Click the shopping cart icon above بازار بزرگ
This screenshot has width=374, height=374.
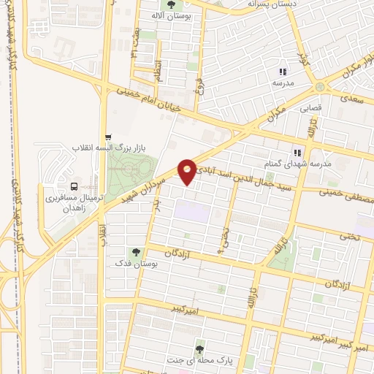click(x=108, y=137)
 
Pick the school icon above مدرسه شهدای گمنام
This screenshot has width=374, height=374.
click(x=297, y=153)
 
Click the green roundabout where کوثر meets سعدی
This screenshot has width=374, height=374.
click(x=320, y=87)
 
